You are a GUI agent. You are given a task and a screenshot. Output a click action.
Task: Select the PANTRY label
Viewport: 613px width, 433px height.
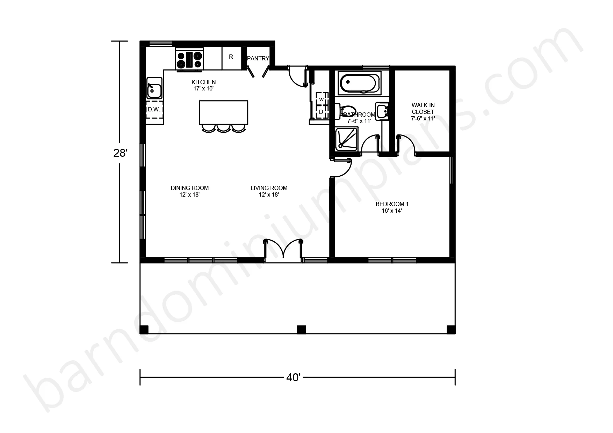[258, 58]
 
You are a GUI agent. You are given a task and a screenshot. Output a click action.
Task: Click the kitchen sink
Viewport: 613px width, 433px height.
[154, 88]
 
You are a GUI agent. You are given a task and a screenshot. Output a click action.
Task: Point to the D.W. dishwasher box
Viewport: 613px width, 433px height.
[154, 110]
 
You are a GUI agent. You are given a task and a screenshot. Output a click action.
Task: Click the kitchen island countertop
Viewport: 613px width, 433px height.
[224, 112]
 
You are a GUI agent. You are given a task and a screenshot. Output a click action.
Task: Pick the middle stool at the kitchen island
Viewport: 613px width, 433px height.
[223, 128]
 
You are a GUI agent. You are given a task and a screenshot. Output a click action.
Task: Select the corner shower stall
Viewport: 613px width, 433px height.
[347, 139]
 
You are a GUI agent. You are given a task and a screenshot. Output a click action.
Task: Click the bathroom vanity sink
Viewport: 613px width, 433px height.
[383, 111]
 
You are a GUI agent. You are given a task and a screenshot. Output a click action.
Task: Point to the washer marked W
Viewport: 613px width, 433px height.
[321, 99]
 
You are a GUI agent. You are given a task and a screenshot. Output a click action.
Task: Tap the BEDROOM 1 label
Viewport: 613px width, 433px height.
[392, 204]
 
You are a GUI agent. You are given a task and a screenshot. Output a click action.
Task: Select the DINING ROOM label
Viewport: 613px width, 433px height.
[189, 188]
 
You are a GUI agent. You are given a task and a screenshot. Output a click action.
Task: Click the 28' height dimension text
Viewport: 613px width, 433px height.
[120, 153]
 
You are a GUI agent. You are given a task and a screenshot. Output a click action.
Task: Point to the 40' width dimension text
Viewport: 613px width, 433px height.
[294, 377]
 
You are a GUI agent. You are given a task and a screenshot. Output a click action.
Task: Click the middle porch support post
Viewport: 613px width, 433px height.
[301, 329]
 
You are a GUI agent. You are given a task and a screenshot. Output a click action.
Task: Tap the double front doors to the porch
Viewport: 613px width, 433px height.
[283, 250]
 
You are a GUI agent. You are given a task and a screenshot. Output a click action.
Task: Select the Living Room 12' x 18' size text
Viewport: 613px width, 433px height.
[269, 195]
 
